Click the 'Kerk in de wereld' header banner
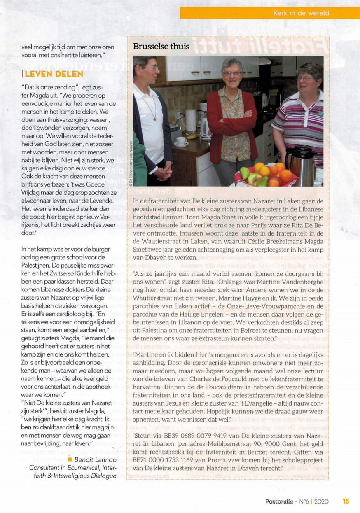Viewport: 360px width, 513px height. pyautogui.click(x=301, y=13)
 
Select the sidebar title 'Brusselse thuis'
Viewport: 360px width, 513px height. pyautogui.click(x=161, y=47)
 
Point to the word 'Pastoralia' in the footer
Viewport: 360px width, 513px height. pyautogui.click(x=279, y=501)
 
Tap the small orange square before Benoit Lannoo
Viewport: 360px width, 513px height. pyautogui.click(x=70, y=459)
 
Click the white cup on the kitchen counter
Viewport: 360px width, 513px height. pyautogui.click(x=181, y=141)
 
